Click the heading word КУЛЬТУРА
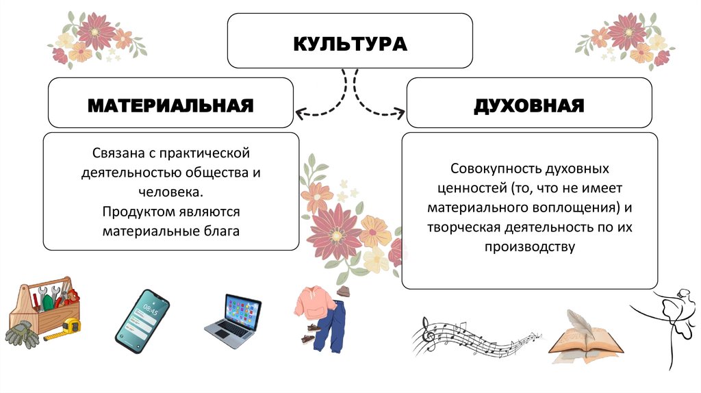(x=350, y=44)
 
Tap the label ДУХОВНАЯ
(x=528, y=105)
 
